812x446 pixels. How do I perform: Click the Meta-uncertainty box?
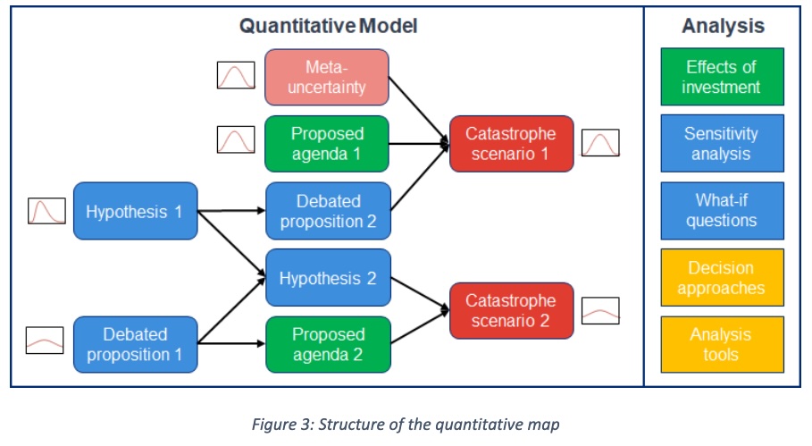tap(327, 77)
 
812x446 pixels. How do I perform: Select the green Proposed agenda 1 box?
tap(327, 143)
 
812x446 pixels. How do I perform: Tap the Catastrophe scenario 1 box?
tap(511, 143)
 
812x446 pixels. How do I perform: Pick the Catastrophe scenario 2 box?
tap(511, 310)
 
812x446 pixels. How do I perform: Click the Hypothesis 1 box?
tap(134, 212)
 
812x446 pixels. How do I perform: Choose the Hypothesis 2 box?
tap(327, 278)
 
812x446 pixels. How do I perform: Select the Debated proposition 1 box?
tap(134, 344)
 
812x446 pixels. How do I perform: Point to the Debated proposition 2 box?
tap(327, 211)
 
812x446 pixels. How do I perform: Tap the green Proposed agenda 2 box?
tap(327, 344)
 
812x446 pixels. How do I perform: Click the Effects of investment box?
tap(722, 77)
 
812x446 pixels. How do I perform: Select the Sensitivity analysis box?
tap(722, 143)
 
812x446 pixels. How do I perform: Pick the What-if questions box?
tap(722, 211)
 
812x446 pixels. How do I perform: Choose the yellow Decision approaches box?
tap(722, 278)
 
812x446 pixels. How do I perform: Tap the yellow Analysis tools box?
tap(722, 344)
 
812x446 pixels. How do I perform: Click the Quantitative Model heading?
tap(328, 26)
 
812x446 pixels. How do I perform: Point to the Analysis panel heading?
tap(723, 26)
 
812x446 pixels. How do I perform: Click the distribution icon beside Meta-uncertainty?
tap(236, 75)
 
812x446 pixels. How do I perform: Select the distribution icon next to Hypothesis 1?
tap(46, 211)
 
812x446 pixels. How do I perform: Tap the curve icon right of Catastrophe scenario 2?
tap(600, 310)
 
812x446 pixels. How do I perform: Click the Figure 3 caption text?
tap(406, 424)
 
